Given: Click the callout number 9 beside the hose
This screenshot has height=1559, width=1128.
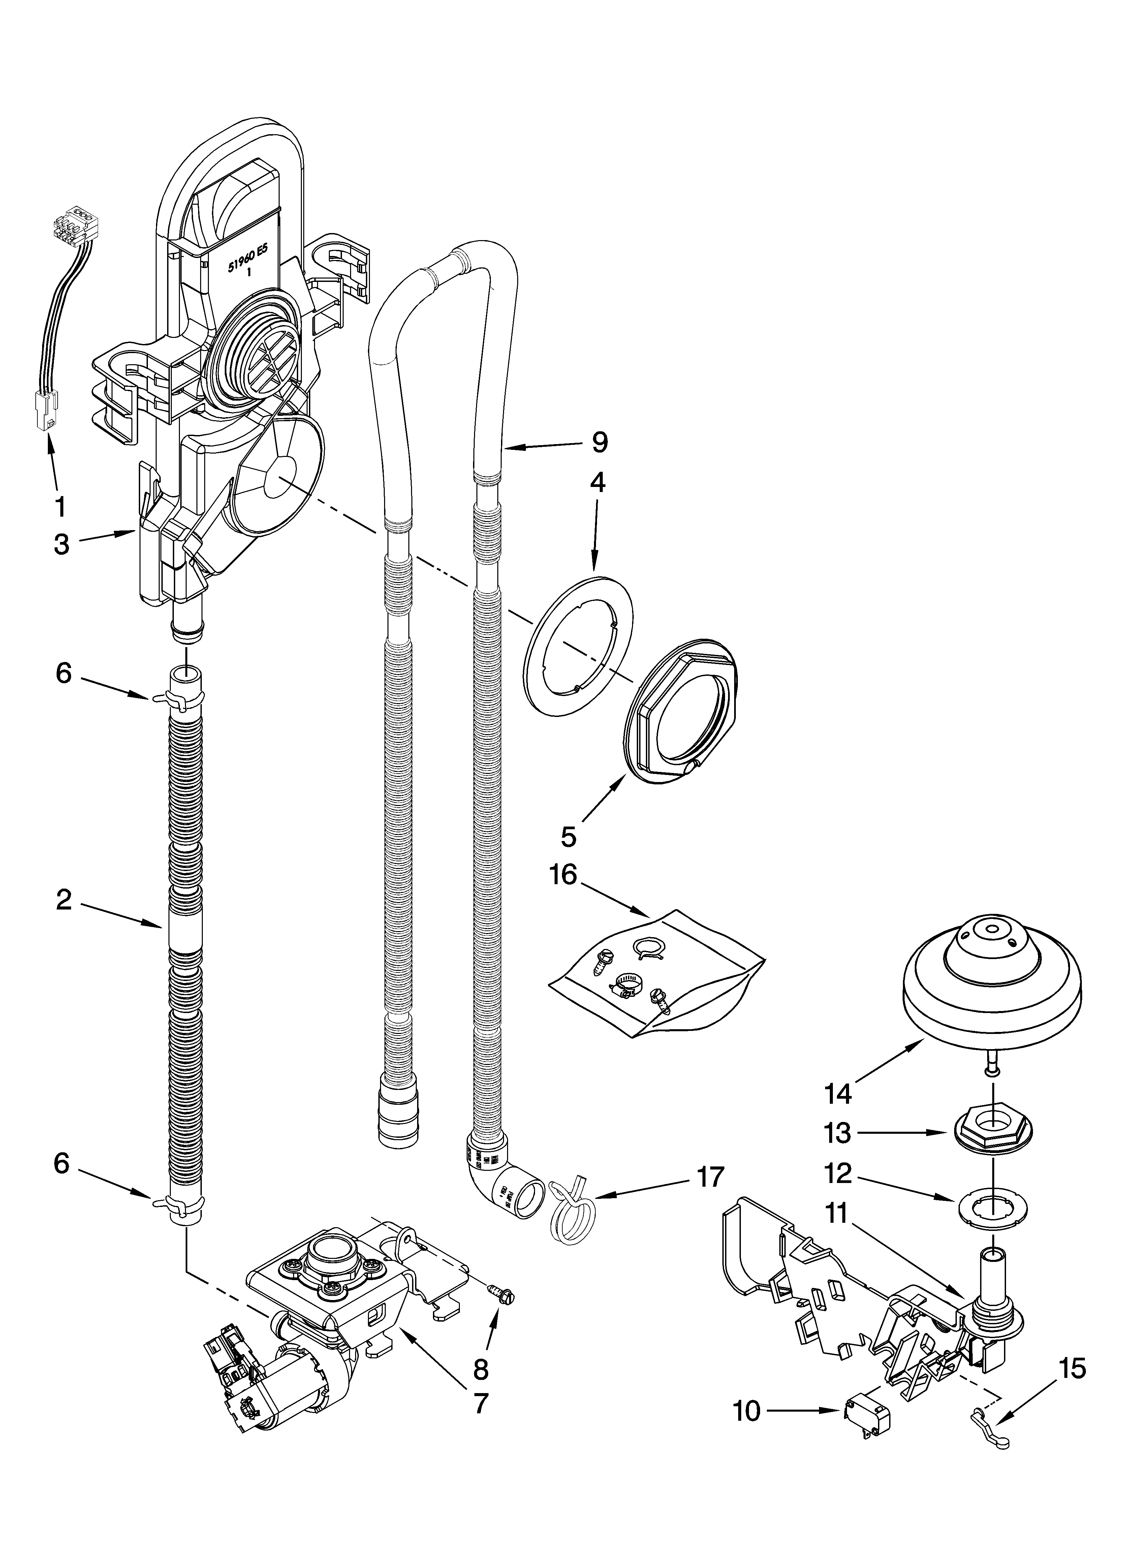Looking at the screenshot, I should coord(599,443).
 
